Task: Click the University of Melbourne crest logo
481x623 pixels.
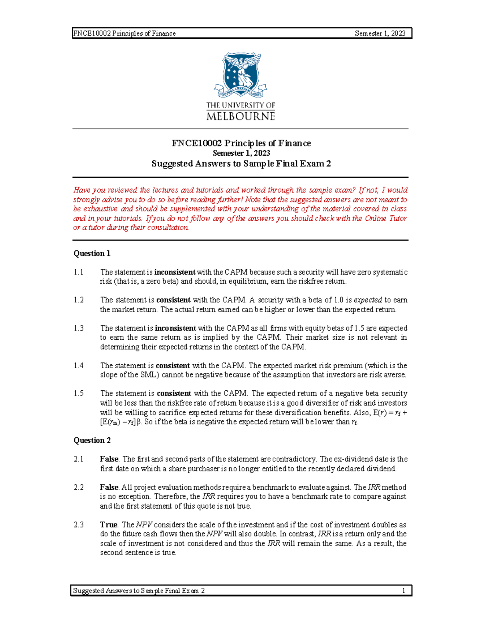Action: [x=240, y=75]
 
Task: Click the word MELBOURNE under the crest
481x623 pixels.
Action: [x=240, y=117]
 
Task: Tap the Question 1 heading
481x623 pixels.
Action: [x=92, y=254]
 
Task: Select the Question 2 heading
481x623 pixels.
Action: [x=92, y=440]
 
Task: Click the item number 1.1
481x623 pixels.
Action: [x=79, y=272]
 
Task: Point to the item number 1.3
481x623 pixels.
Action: [x=79, y=328]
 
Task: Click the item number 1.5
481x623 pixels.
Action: [x=79, y=394]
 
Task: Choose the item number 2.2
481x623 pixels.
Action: [x=79, y=487]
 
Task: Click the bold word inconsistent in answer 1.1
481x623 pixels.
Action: [x=175, y=272]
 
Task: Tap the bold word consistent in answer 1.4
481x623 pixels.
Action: [x=173, y=366]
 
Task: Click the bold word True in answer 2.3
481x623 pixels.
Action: [x=108, y=525]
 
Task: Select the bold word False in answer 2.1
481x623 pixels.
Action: [x=109, y=459]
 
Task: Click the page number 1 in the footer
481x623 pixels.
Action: [x=404, y=591]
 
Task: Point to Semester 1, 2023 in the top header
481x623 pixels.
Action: [x=380, y=34]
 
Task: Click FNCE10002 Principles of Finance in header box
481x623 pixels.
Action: [x=125, y=34]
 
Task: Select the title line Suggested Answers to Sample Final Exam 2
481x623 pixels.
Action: [x=241, y=164]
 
